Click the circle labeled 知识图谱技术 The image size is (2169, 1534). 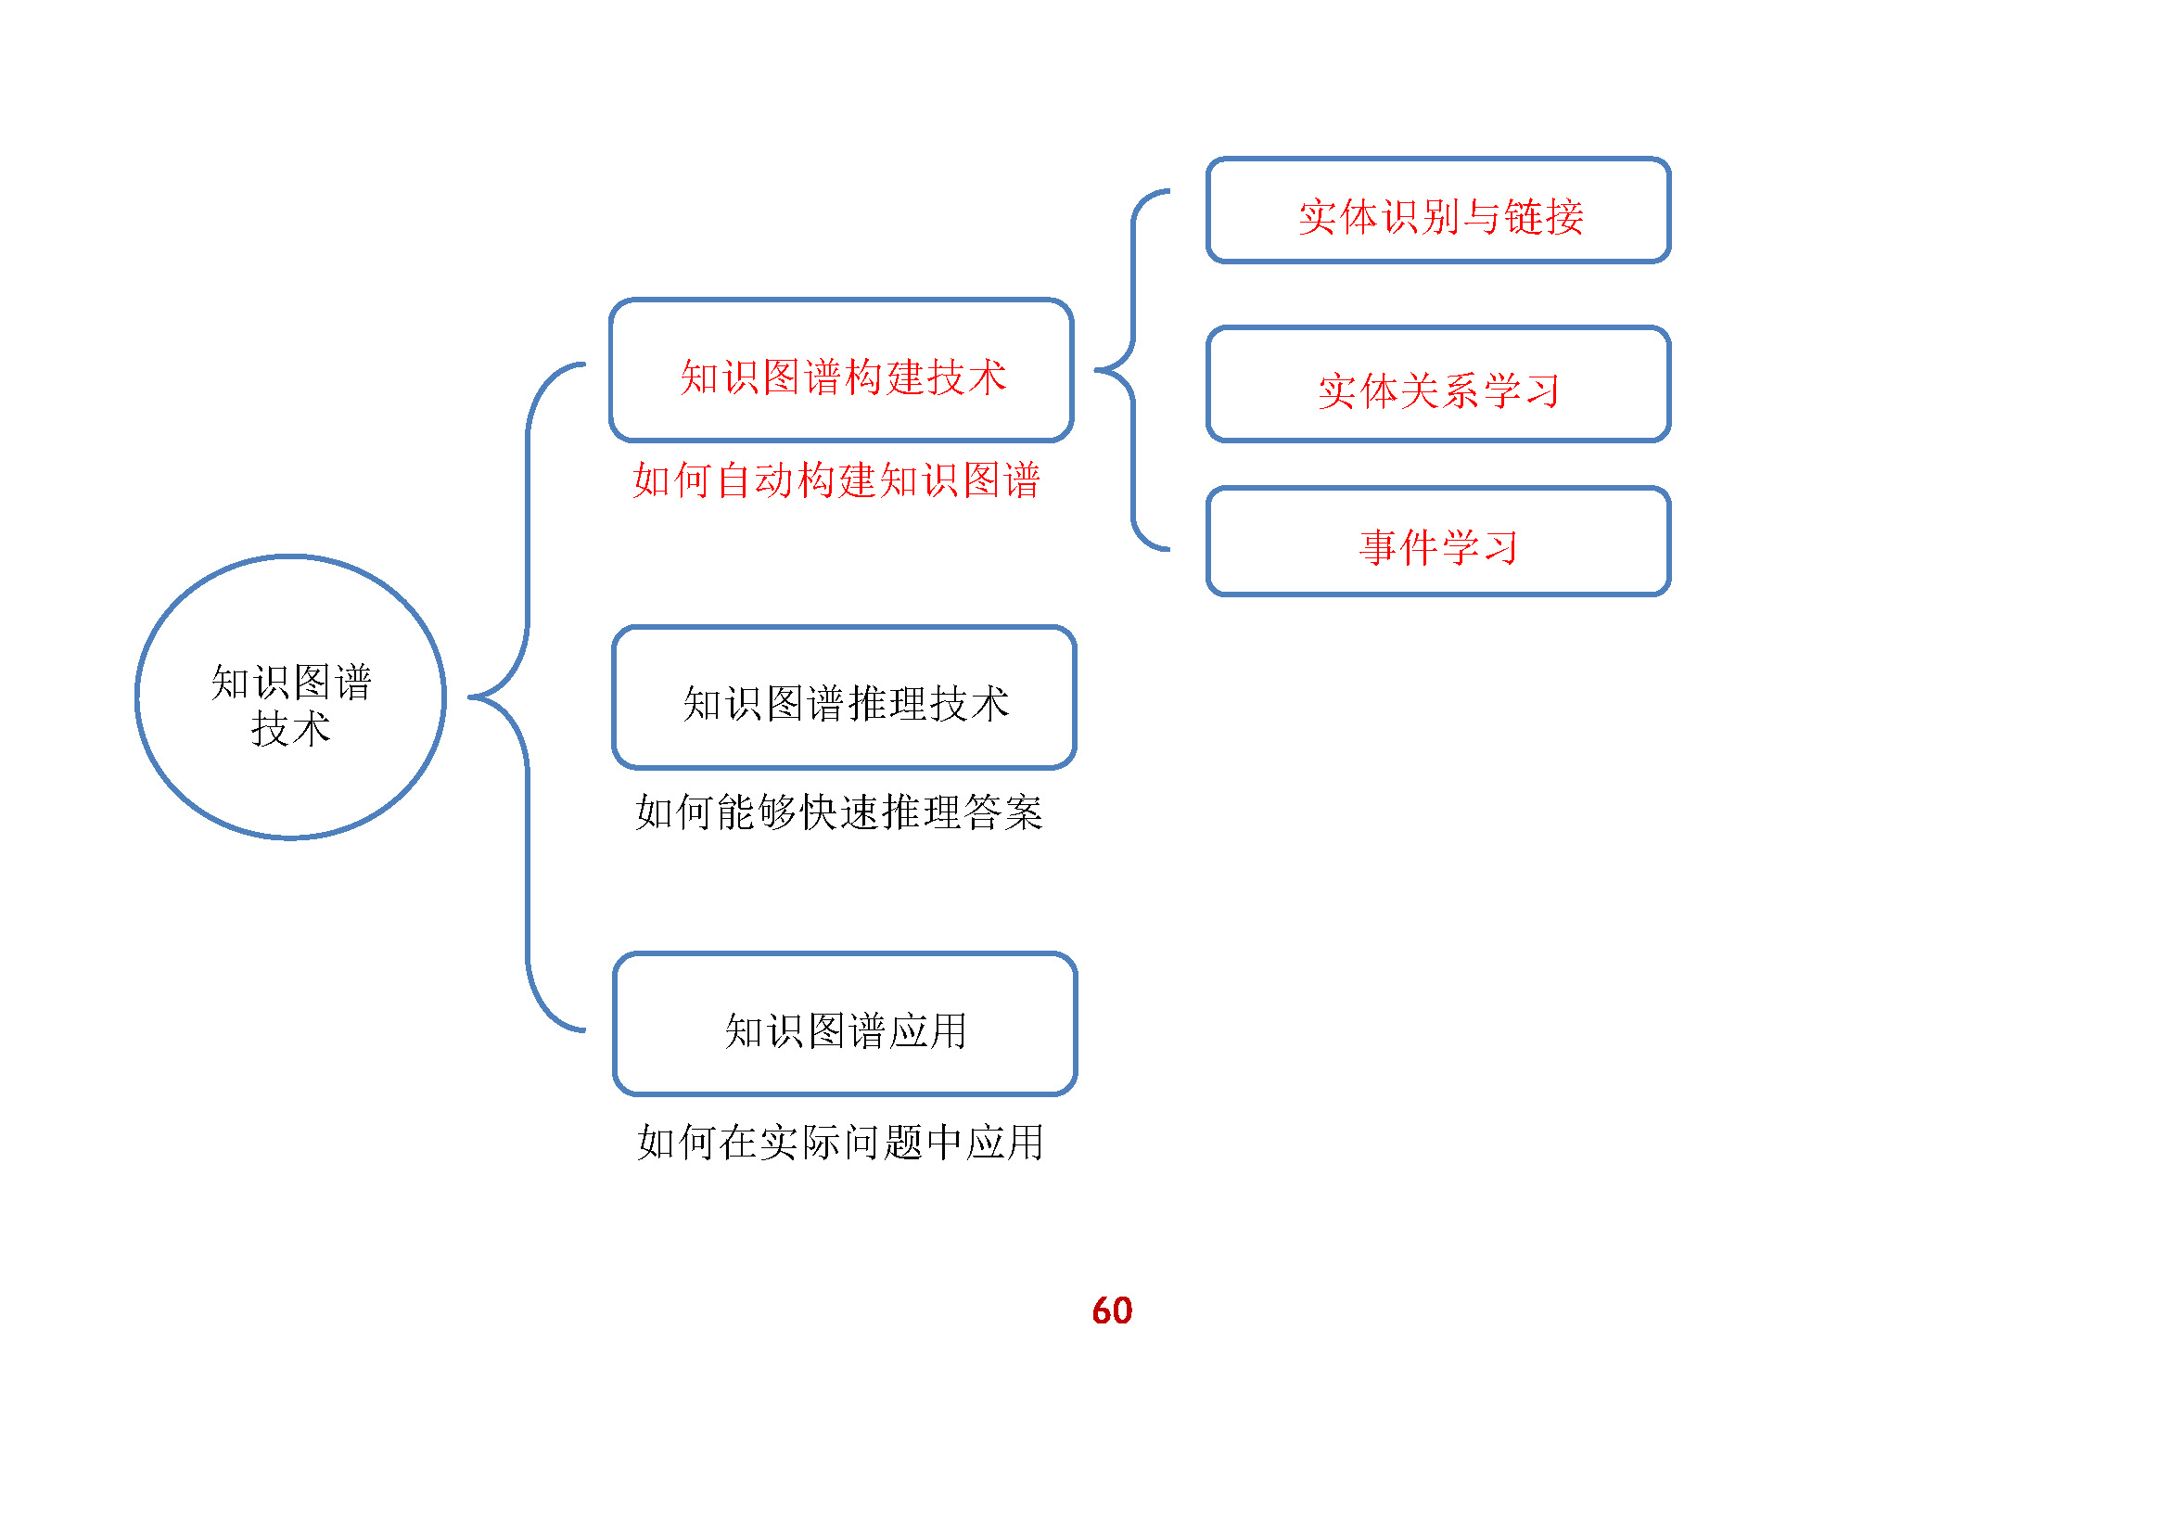290,697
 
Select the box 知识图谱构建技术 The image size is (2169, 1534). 842,370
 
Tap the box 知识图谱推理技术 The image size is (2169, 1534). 844,698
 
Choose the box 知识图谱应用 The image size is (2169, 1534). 845,1025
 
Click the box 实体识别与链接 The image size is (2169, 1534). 1438,211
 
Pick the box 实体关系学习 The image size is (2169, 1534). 1438,385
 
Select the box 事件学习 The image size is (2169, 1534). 1438,543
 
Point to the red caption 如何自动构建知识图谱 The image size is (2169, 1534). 836,479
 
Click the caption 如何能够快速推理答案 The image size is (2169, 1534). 839,812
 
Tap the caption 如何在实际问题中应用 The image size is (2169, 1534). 840,1142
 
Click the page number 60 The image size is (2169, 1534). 1112,1310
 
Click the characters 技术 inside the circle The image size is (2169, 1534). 291,729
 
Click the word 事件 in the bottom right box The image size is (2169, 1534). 1399,548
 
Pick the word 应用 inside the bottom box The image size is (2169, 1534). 927,1030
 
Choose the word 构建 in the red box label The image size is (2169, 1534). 886,377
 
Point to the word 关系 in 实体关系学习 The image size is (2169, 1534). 1440,391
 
